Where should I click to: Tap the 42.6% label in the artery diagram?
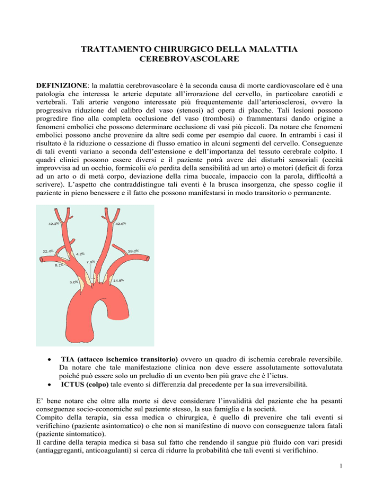(121, 223)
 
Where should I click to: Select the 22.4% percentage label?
(48, 251)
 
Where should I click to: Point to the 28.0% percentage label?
(132, 250)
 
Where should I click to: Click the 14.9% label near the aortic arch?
(118, 280)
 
